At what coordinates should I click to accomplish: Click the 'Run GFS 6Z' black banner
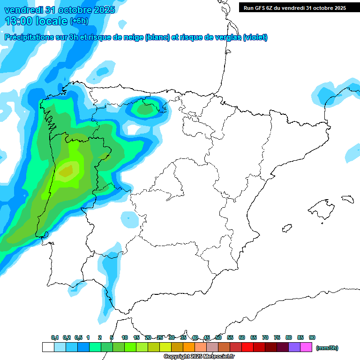tap(295, 7)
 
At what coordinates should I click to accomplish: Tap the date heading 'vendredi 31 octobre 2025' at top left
tap(60, 10)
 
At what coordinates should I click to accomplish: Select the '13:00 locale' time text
tap(36, 21)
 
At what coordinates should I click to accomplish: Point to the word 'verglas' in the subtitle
tap(223, 37)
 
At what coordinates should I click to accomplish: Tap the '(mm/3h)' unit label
tap(327, 348)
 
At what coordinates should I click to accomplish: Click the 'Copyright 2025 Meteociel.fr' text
tap(199, 357)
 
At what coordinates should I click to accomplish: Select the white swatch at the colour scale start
tap(48, 347)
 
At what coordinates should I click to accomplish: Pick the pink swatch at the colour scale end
tap(306, 347)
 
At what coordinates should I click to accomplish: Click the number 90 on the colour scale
tap(312, 337)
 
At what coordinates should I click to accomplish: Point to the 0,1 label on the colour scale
tap(55, 337)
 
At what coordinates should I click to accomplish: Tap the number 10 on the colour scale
tap(125, 337)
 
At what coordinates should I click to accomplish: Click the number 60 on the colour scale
tap(242, 337)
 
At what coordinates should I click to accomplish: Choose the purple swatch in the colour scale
tap(294, 347)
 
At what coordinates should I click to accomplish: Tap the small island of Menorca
tap(347, 199)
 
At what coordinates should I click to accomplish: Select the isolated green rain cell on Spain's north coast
tap(144, 109)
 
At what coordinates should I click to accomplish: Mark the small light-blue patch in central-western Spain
tap(127, 218)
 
